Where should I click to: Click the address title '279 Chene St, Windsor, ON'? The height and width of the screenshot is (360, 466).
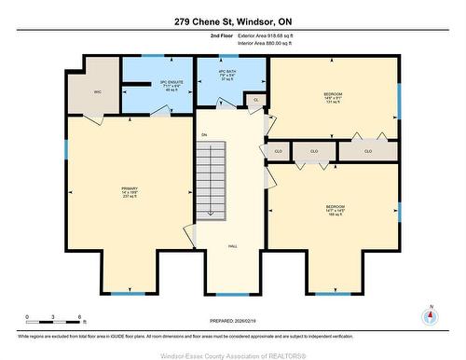(233, 21)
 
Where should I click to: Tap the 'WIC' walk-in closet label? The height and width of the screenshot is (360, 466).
(97, 92)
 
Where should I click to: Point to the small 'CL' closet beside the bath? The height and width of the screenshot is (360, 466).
(256, 99)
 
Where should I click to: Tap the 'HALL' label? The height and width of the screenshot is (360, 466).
(232, 246)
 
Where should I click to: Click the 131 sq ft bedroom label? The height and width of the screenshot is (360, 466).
(334, 98)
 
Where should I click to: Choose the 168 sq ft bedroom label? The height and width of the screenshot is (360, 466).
(336, 210)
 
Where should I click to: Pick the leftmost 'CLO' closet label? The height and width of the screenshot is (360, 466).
(277, 151)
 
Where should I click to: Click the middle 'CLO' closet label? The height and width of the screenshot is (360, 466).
(314, 151)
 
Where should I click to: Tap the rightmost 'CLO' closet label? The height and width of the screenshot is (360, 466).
(367, 151)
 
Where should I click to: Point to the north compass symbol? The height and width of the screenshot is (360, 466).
(430, 316)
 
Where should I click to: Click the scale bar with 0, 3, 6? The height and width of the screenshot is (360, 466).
(55, 320)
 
